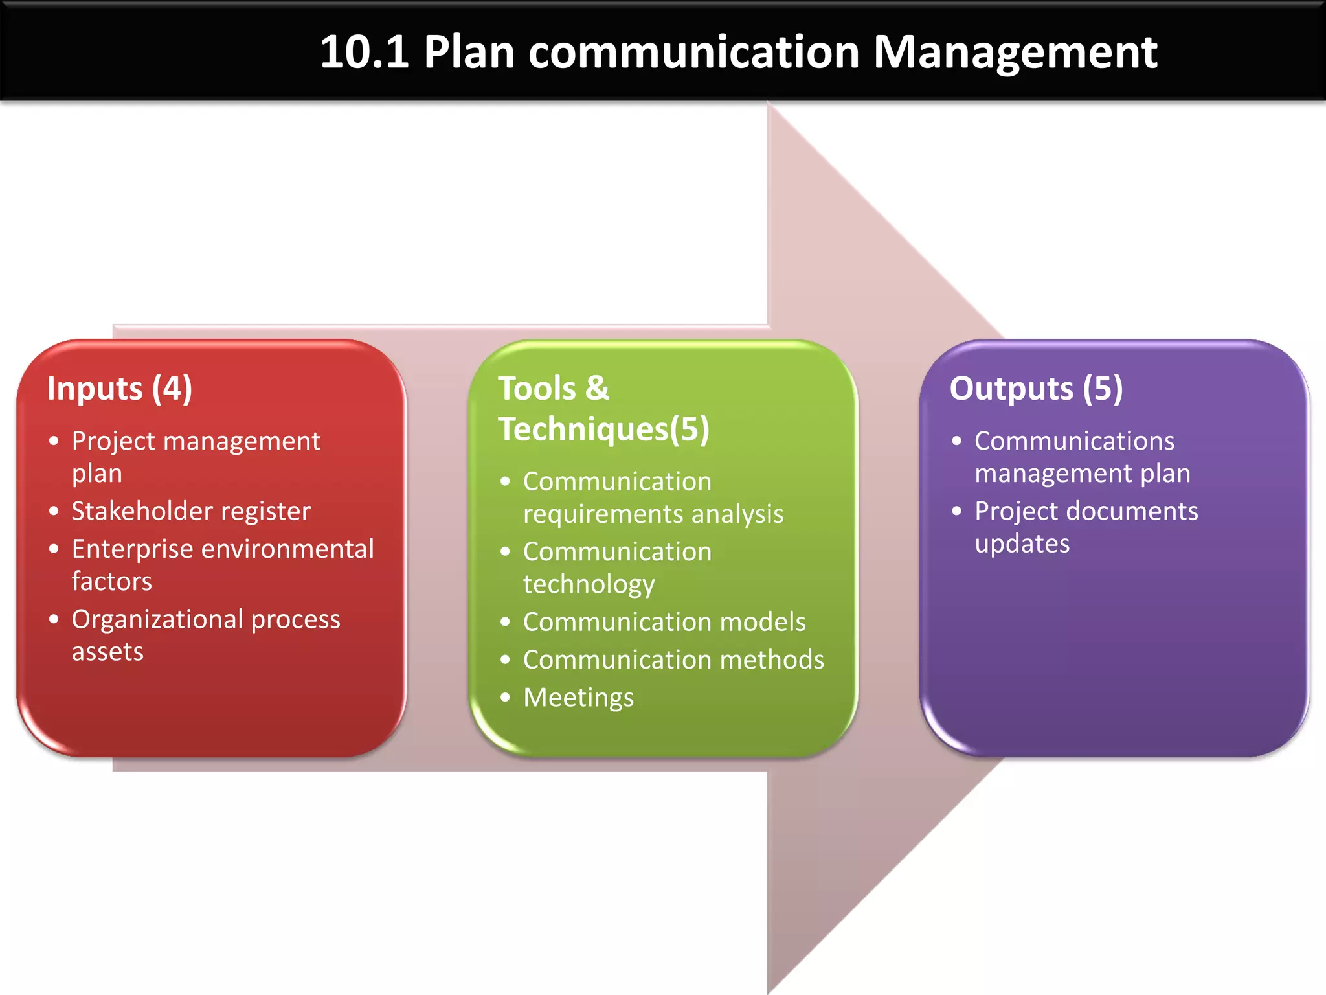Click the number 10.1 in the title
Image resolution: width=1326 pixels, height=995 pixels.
tap(364, 52)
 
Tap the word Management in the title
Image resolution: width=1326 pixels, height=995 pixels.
tap(1015, 52)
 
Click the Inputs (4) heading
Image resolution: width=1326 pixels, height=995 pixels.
tap(120, 389)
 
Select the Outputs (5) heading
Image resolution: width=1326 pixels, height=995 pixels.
tap(1036, 389)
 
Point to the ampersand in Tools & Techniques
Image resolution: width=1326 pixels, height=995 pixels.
tap(597, 389)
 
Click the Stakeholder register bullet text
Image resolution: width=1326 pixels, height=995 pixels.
tap(191, 511)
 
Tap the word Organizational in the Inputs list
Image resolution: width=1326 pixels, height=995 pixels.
tap(157, 619)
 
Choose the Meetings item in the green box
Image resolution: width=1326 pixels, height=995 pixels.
tap(578, 698)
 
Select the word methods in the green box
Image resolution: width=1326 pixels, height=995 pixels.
tap(772, 659)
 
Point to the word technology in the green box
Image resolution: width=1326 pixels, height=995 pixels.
tap(589, 584)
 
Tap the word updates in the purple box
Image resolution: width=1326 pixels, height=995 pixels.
tap(1022, 544)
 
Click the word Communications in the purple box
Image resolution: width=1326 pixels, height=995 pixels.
tap(1074, 441)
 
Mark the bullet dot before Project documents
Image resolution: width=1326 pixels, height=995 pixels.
tap(957, 511)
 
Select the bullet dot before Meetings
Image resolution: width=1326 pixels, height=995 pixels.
tap(506, 698)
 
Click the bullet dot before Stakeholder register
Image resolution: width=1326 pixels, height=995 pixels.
tap(54, 511)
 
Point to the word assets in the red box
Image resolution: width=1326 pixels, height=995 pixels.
tap(107, 652)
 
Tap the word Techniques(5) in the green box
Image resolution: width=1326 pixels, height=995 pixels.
tap(603, 429)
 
